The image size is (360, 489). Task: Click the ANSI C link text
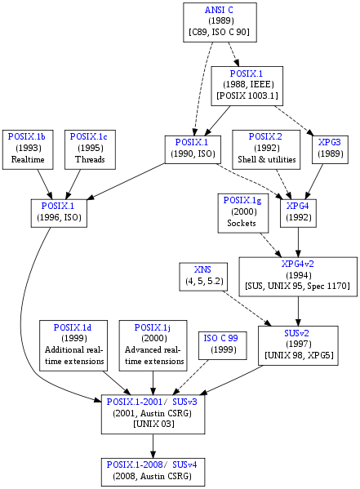219,10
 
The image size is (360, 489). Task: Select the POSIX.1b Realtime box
28,149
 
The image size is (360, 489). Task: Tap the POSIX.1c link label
89,136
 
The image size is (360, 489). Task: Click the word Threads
90,159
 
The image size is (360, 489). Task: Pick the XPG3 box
330,149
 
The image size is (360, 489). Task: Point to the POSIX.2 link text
265,136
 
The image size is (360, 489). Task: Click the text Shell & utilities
267,159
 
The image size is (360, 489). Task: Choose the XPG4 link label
298,206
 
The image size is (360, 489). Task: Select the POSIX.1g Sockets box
243,213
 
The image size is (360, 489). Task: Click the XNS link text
202,269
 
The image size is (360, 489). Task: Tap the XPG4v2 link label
298,264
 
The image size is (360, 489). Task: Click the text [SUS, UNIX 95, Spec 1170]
298,286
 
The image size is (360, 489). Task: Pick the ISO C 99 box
222,345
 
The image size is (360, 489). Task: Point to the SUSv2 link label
296,333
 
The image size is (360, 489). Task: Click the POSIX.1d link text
73,327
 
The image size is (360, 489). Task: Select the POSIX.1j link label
152,327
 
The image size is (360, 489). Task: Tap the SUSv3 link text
184,402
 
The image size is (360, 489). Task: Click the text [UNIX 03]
153,425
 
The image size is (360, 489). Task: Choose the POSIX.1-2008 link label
135,465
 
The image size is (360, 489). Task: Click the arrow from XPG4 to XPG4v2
298,242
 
